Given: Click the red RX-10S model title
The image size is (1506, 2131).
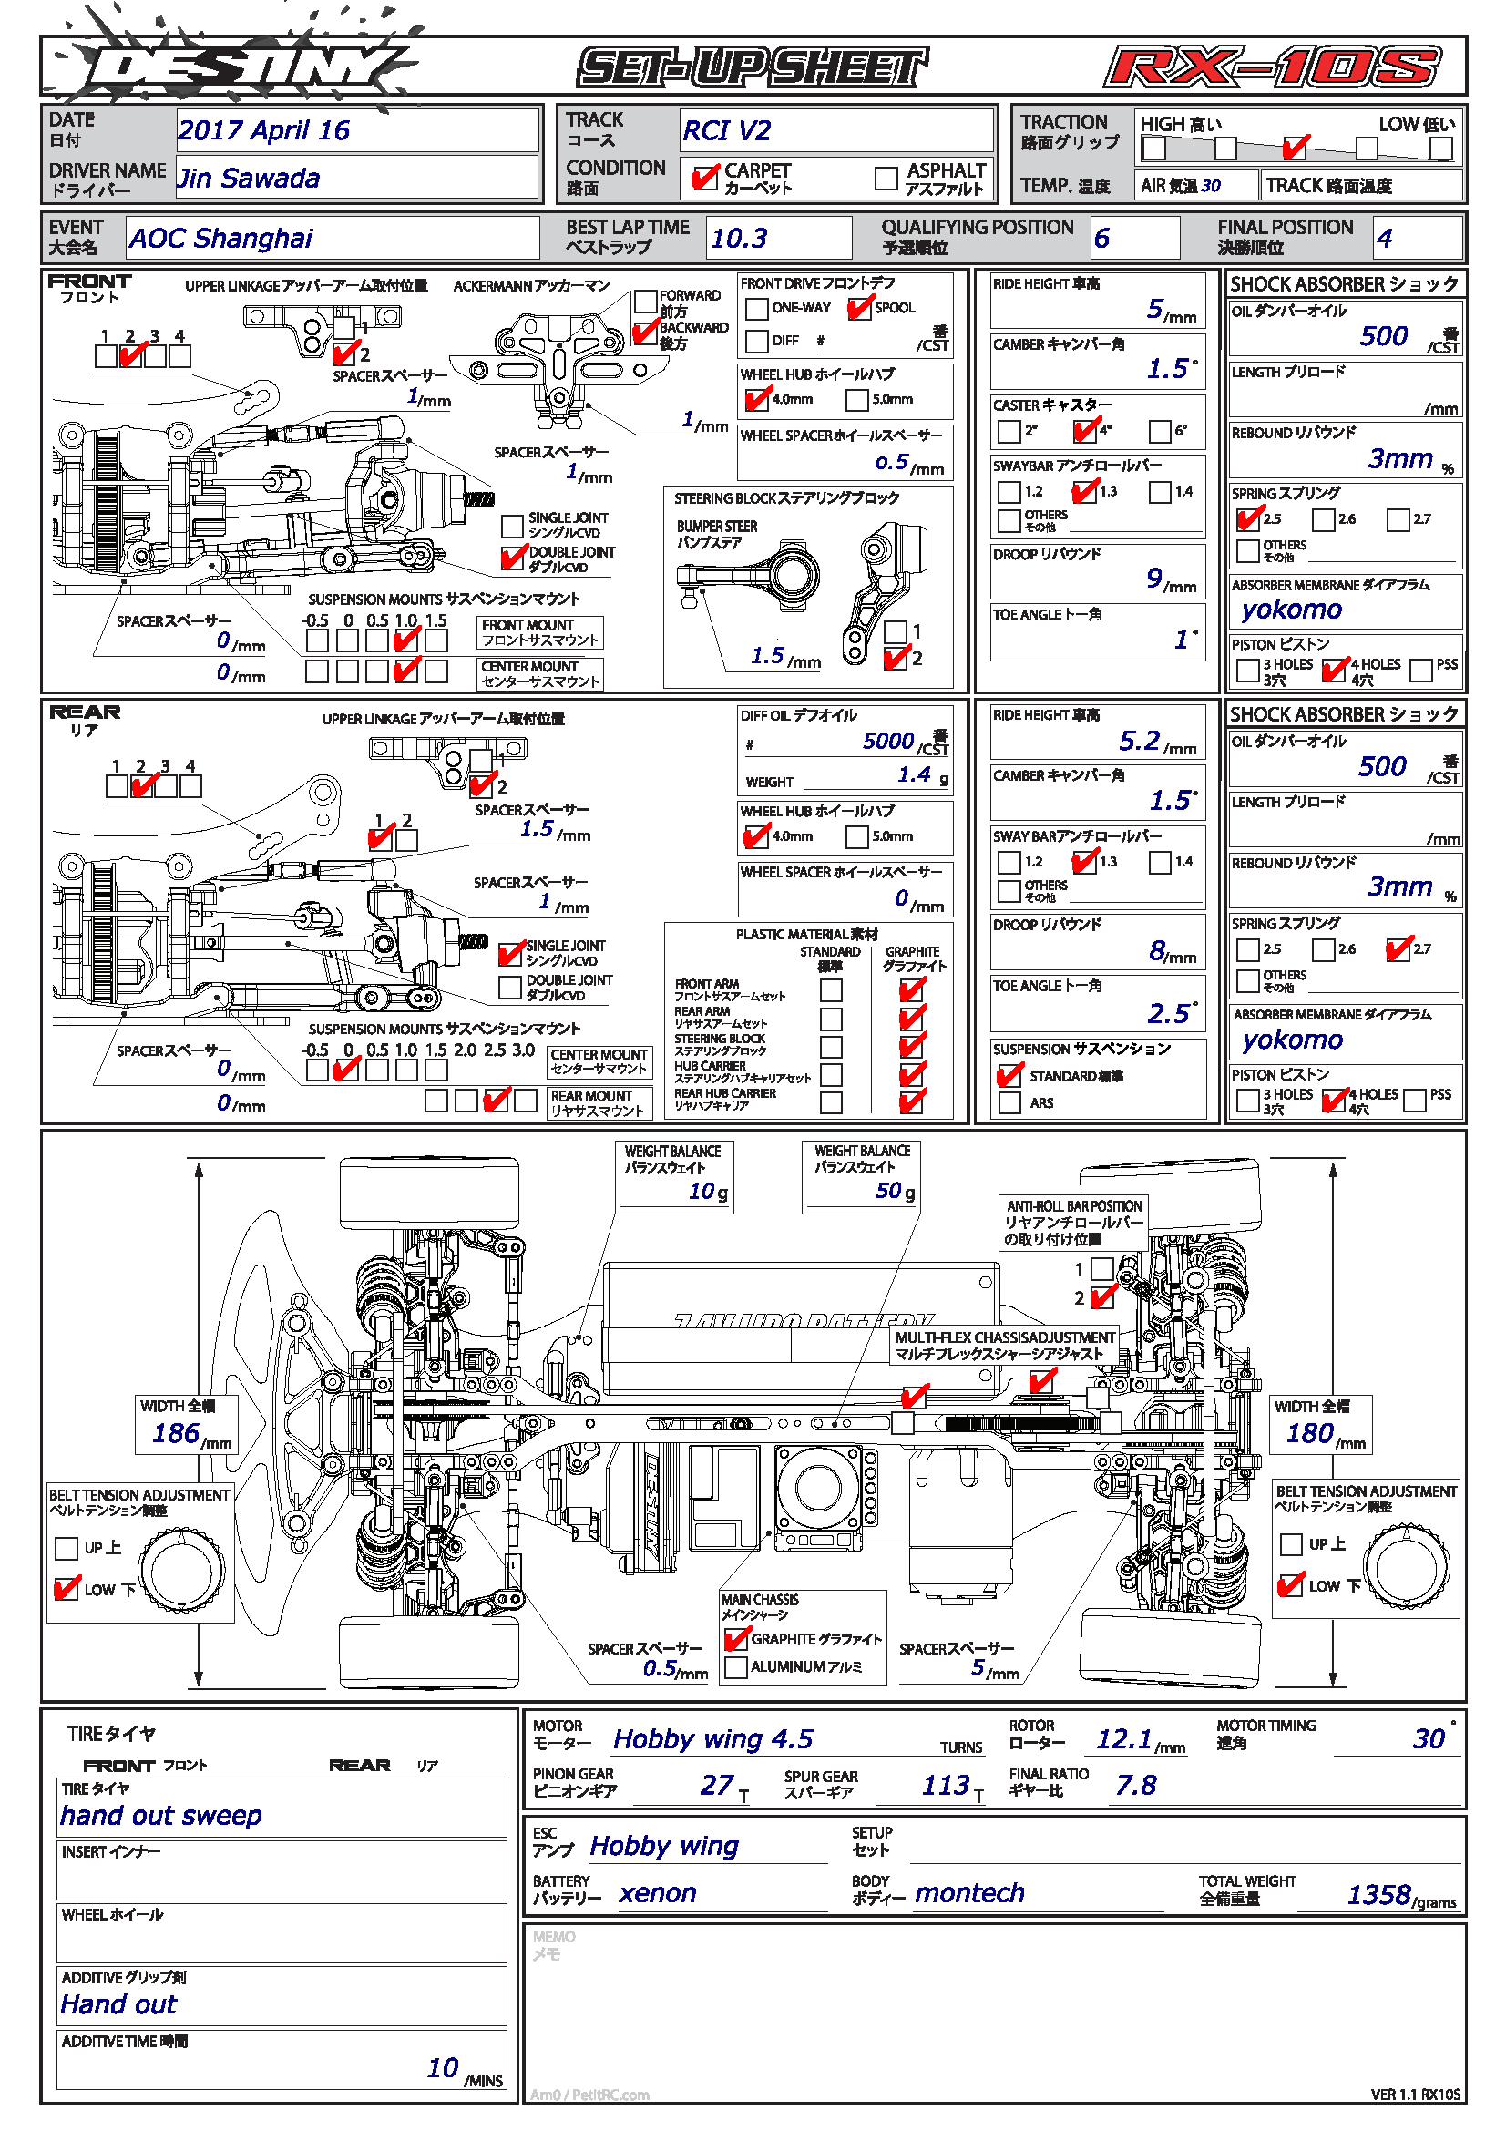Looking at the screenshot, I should (x=1271, y=67).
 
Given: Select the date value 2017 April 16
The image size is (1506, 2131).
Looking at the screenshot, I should (x=263, y=130).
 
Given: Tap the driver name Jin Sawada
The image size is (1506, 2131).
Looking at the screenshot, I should (x=249, y=179).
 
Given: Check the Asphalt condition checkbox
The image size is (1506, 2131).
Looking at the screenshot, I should (x=886, y=178).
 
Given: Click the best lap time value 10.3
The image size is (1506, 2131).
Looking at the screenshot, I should (x=739, y=239).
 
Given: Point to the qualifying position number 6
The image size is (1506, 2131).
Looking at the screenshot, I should (x=1101, y=239).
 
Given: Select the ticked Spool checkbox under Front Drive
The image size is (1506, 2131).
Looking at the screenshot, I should (x=859, y=308).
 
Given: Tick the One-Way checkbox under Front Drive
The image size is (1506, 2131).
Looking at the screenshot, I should (x=756, y=308).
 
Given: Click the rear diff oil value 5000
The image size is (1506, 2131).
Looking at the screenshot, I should (x=888, y=741).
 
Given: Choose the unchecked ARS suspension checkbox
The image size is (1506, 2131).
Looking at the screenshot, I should (x=1009, y=1102).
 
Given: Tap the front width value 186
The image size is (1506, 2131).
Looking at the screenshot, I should (x=177, y=1433).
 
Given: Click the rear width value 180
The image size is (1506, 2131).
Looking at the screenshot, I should (x=1309, y=1433).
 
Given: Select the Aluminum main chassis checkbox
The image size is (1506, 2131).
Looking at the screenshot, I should (x=736, y=1667).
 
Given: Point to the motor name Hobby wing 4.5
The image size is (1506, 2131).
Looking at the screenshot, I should (x=712, y=1738).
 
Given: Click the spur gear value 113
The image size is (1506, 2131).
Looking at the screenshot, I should (x=946, y=1784).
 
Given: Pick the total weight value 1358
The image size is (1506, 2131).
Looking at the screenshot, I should (x=1378, y=1894).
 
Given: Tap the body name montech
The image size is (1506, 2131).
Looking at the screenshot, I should (x=969, y=1892).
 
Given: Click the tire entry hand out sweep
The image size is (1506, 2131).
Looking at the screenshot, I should (x=161, y=1815).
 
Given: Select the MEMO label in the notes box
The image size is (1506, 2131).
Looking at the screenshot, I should (x=554, y=1937).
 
